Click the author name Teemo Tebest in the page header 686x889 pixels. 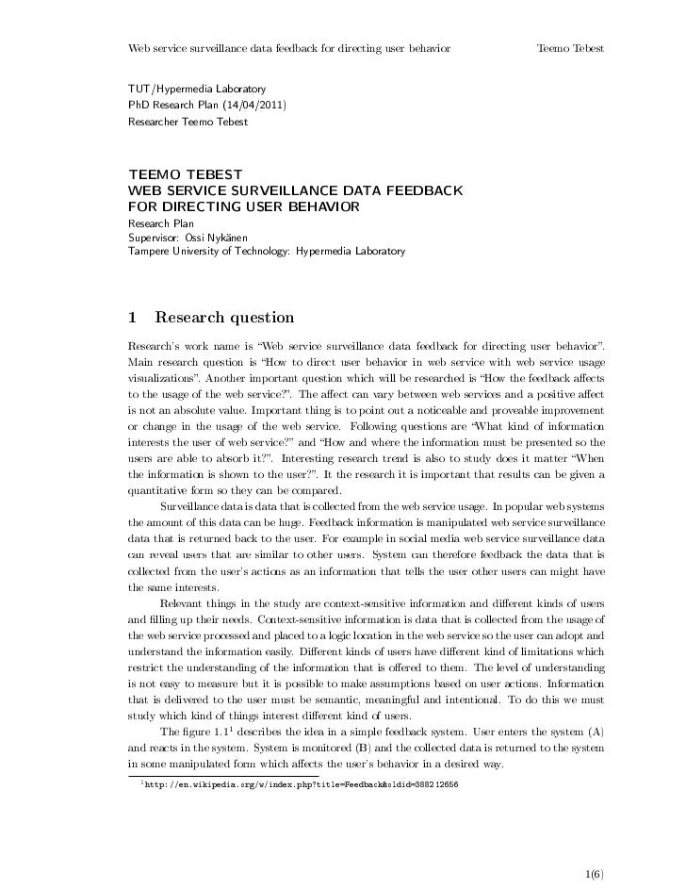[x=569, y=48]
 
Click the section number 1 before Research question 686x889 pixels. [x=133, y=317]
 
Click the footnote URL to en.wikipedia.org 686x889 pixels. [x=303, y=784]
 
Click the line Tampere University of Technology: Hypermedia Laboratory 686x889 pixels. [x=267, y=253]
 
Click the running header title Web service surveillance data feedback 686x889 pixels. [x=288, y=48]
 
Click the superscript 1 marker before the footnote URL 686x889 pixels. [x=140, y=781]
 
